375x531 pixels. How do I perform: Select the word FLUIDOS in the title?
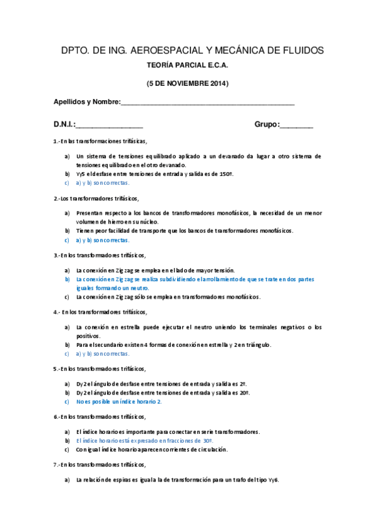(x=300, y=50)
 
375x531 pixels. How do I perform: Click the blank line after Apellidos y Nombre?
(x=207, y=103)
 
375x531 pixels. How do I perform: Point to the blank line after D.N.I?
(x=110, y=125)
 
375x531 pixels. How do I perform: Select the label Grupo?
(x=267, y=125)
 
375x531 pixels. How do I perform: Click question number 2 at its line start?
(x=56, y=198)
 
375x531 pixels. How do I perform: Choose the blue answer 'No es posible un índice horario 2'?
(x=119, y=401)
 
